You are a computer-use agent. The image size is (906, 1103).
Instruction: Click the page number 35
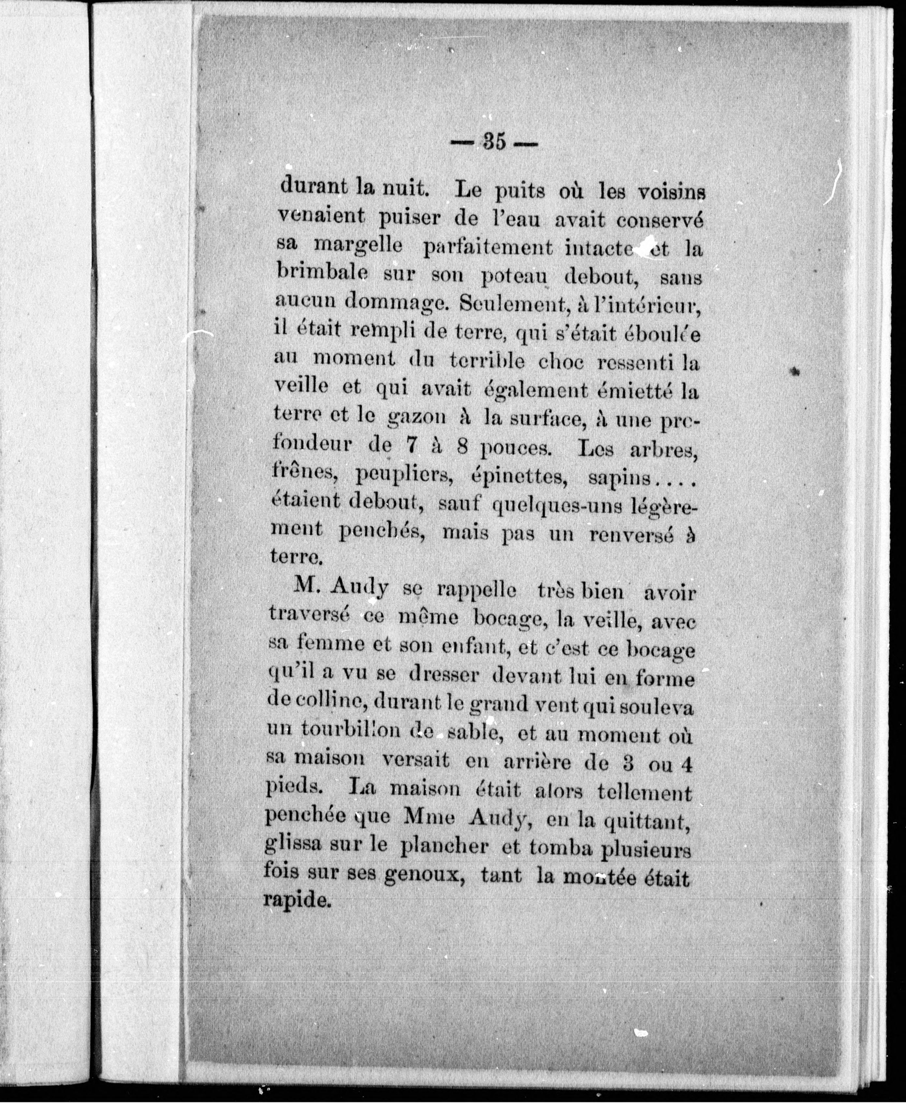(495, 142)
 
